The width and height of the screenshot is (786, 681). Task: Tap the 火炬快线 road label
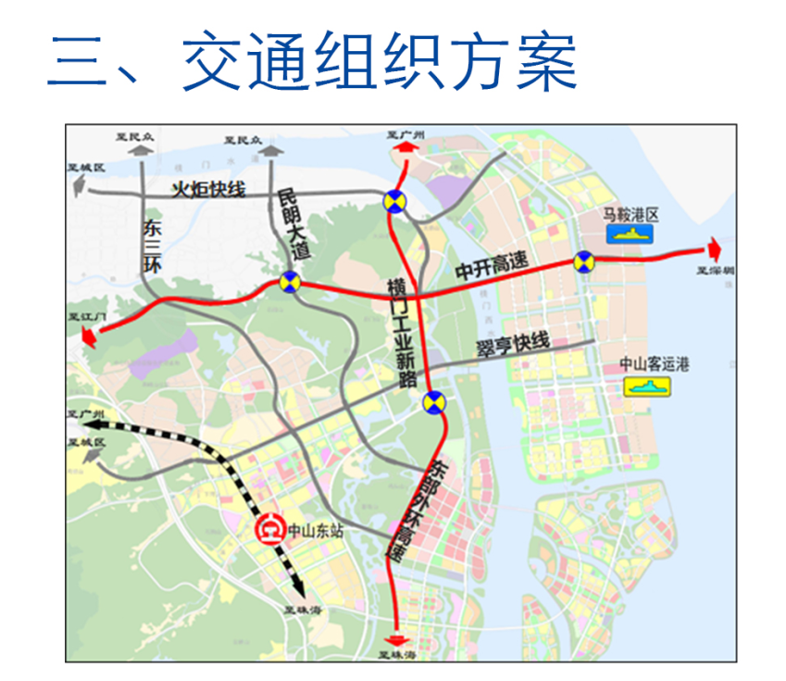[209, 190]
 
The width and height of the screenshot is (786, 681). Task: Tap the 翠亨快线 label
[512, 344]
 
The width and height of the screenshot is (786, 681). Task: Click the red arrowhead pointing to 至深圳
[715, 247]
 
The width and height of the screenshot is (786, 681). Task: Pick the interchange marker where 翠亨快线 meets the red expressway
[433, 402]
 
